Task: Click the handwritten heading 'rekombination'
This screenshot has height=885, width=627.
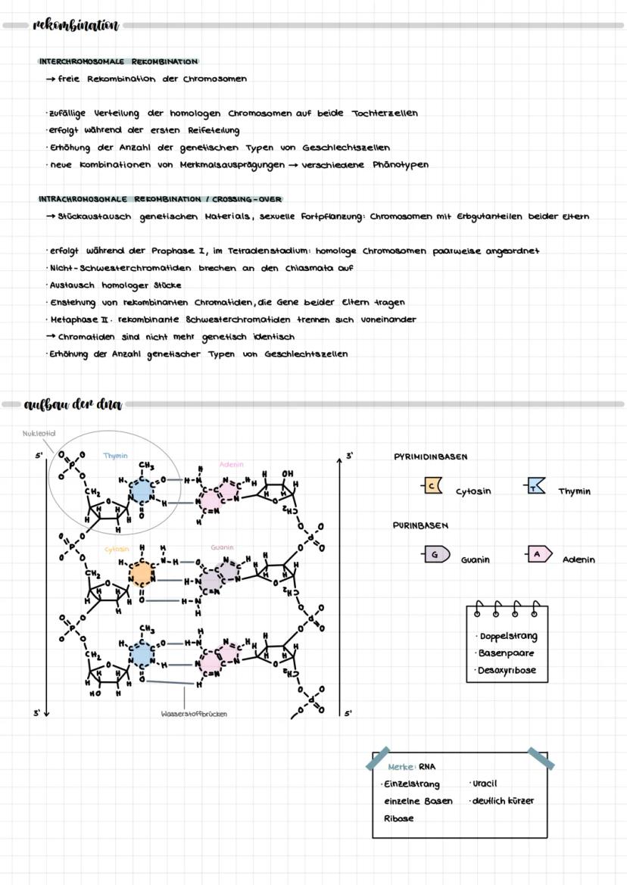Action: [x=76, y=26]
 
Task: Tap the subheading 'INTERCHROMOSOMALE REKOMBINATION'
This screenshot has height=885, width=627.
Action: [x=118, y=61]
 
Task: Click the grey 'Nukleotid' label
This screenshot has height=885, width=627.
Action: [x=39, y=434]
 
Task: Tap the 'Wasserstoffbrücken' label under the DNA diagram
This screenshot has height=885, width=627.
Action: [x=194, y=713]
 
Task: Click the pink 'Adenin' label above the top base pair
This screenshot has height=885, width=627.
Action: [x=231, y=464]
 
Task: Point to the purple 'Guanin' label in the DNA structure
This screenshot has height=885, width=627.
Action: [x=223, y=547]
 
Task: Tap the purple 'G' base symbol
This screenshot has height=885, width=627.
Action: [x=435, y=555]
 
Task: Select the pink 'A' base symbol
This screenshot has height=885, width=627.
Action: [x=538, y=555]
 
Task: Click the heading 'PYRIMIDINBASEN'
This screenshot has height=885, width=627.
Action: [x=431, y=457]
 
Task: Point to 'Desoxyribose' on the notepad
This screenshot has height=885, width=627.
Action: [x=509, y=670]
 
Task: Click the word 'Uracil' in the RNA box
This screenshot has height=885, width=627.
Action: [x=485, y=784]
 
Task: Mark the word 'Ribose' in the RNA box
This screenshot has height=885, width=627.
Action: [x=399, y=818]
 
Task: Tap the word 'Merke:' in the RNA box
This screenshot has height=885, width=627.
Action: [x=401, y=767]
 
